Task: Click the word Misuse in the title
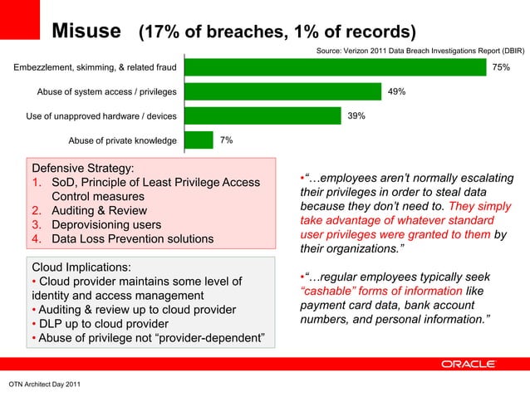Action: click(87, 32)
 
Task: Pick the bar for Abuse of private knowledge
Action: click(196, 140)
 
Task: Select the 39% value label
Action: click(356, 116)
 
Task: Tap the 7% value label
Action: click(226, 140)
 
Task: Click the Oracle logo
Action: click(469, 364)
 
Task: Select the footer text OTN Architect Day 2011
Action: click(45, 385)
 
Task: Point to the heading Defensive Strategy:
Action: click(83, 167)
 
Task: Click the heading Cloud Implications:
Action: click(81, 268)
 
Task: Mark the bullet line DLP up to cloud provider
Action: click(99, 324)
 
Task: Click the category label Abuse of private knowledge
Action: click(122, 140)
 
